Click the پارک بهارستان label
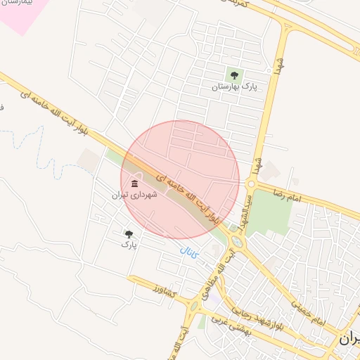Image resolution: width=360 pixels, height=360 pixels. [235, 86]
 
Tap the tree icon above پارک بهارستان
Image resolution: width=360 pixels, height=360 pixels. [233, 75]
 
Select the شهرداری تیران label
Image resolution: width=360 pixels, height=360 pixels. [134, 195]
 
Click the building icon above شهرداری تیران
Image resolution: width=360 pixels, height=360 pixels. [134, 184]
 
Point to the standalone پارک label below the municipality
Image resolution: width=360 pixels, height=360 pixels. [128, 244]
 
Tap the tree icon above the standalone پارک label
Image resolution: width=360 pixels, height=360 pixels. [129, 233]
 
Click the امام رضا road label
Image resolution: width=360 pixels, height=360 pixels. [289, 195]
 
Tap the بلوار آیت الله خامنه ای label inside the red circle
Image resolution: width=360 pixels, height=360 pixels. [189, 200]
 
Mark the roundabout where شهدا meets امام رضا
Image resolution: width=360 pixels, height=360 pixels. [251, 184]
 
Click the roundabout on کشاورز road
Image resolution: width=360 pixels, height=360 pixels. [192, 306]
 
